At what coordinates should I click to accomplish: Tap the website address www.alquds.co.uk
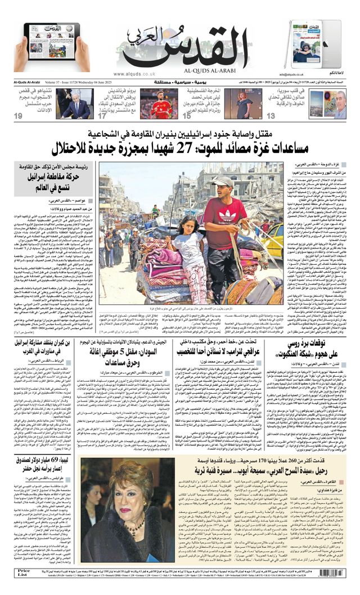(x=135, y=74)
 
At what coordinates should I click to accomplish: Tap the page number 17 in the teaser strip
(x=102, y=116)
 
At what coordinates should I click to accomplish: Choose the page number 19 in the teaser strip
(x=19, y=116)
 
